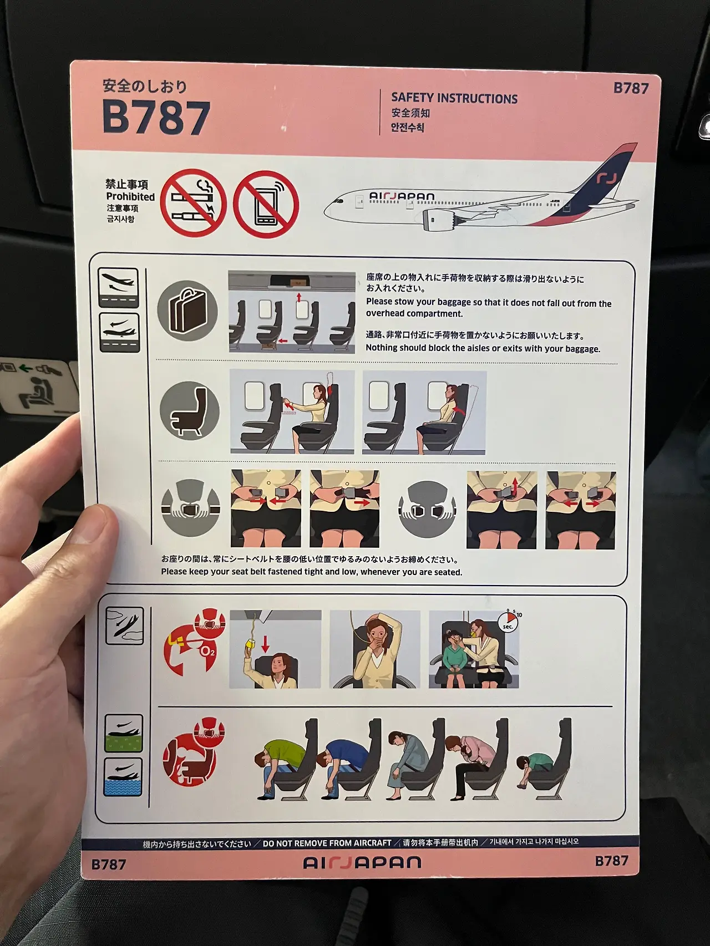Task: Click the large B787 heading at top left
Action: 156,117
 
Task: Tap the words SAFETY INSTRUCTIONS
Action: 454,98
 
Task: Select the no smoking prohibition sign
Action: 194,203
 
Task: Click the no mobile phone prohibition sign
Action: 266,204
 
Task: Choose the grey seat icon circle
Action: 190,411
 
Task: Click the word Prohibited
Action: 130,197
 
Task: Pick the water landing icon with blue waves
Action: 123,777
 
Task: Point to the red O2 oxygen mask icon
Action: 195,640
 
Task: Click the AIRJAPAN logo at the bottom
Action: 362,862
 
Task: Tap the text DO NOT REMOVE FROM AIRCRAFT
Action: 327,843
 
